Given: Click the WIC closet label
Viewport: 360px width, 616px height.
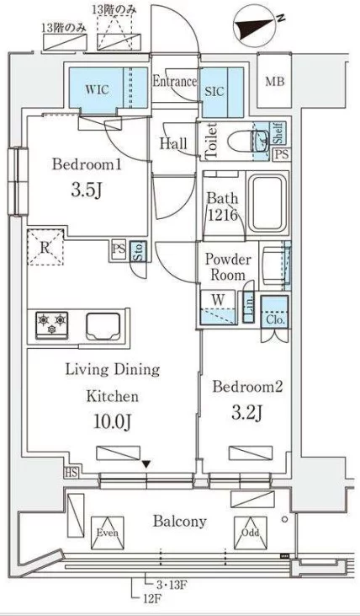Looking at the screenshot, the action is [x=98, y=89].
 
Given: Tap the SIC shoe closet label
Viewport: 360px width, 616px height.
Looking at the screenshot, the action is [x=214, y=91].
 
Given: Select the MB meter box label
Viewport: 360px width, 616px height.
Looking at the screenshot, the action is [x=274, y=82].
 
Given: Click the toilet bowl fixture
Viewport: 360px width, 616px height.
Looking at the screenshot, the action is [x=248, y=139].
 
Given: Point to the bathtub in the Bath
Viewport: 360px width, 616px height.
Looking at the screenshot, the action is [x=268, y=204].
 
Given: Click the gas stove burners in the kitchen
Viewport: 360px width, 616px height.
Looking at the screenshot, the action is [x=52, y=325].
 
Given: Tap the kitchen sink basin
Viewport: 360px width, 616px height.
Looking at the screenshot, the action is [x=103, y=326].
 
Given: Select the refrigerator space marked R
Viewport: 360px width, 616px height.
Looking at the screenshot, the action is [x=45, y=248].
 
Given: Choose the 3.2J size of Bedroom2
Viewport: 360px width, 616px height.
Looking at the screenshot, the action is [x=247, y=413].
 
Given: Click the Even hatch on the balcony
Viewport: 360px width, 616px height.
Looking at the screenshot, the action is [x=107, y=533].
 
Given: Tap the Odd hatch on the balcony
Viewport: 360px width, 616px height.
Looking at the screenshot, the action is [x=251, y=533].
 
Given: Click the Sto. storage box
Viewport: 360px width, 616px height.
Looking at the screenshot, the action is [x=139, y=251].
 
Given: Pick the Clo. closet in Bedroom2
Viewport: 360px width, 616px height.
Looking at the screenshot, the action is [x=274, y=312].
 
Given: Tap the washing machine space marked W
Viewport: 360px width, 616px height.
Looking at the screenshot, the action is [x=218, y=308].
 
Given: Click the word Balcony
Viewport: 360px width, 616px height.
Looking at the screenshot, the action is [x=180, y=522].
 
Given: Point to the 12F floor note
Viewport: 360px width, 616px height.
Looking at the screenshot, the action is [x=151, y=598].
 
